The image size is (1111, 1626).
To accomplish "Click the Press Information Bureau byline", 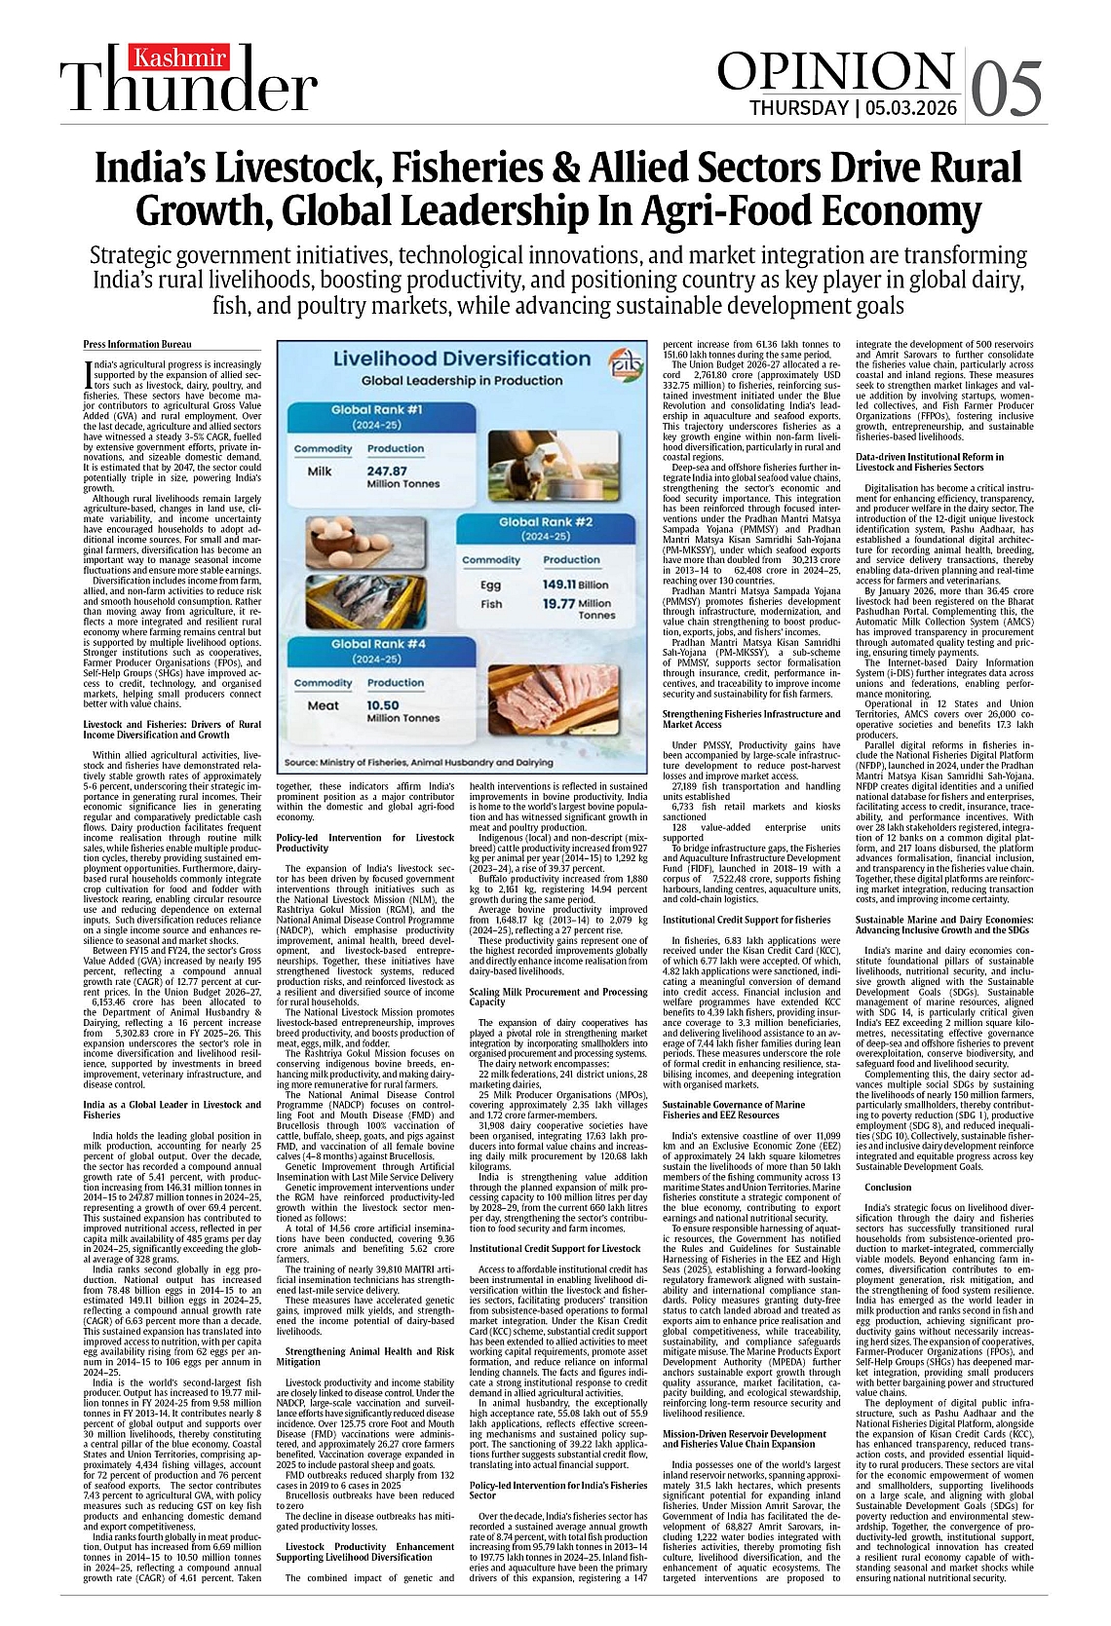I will click(x=137, y=344).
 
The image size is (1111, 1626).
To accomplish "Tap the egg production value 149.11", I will click(x=559, y=586).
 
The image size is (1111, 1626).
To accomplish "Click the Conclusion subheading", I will click(x=887, y=1187).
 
